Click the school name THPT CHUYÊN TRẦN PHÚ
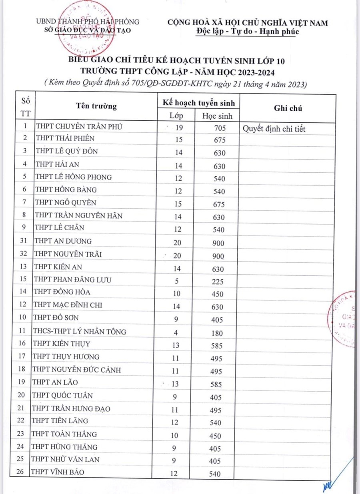pyautogui.click(x=79, y=127)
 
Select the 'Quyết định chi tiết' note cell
pyautogui.click(x=274, y=129)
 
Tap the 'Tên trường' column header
pyautogui.click(x=96, y=106)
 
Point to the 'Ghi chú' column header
pyautogui.click(x=288, y=108)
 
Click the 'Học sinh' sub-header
pyautogui.click(x=217, y=116)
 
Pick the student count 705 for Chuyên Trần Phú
pyautogui.click(x=220, y=128)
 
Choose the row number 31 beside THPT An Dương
pyautogui.click(x=25, y=241)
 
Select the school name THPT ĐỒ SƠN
pyautogui.click(x=56, y=317)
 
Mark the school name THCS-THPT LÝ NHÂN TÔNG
pyautogui.click(x=79, y=331)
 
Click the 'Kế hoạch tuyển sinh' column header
pyautogui.click(x=198, y=102)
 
